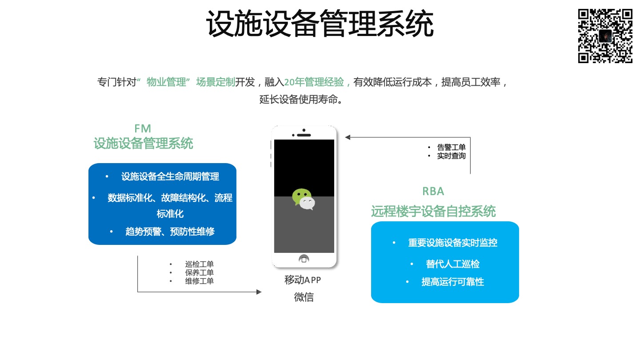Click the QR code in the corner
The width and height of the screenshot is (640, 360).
coord(605,36)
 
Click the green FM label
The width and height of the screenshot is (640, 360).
coord(143,128)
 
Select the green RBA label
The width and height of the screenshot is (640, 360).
coord(433,191)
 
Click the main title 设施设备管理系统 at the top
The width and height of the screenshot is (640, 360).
coord(320,24)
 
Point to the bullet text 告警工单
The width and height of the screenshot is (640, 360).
coord(451,147)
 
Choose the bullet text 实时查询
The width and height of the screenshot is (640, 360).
coord(451,156)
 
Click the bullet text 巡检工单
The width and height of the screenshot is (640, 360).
coord(199,264)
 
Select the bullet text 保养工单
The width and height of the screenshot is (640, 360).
coord(199,272)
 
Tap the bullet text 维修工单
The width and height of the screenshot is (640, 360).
coord(199,281)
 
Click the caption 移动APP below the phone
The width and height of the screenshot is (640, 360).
coord(303,280)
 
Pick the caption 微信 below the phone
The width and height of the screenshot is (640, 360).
coord(304,297)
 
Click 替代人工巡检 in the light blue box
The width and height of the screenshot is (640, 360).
coord(452,264)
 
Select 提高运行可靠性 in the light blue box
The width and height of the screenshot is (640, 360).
coord(452,282)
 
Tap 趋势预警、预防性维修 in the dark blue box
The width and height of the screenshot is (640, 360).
coord(170,232)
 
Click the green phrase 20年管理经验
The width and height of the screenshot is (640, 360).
coord(314,82)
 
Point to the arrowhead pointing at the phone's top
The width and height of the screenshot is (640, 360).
coord(348,137)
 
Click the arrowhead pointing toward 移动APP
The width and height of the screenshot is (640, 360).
coord(259,292)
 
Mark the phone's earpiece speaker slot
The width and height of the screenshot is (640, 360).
coord(304,135)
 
